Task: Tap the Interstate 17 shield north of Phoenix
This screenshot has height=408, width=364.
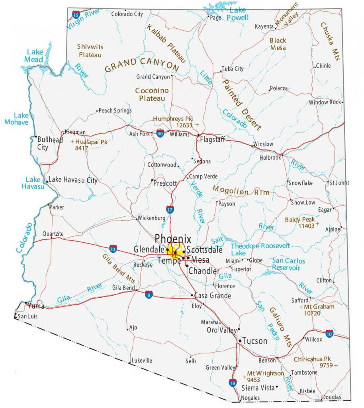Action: [170, 209]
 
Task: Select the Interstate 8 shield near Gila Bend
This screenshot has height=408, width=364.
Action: [149, 295]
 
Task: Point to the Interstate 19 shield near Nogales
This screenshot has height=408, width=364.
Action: [233, 383]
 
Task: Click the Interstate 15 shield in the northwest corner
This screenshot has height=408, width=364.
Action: [76, 15]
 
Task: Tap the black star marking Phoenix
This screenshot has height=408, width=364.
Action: [175, 253]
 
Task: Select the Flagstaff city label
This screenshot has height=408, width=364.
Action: [212, 140]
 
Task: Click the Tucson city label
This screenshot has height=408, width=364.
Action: [254, 341]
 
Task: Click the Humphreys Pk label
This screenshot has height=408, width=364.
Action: [173, 119]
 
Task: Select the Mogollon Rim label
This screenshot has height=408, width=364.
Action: [241, 191]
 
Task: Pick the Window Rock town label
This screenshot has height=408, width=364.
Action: [325, 102]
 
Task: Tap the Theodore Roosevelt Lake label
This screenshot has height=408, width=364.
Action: [260, 249]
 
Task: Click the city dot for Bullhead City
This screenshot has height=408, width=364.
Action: [36, 140]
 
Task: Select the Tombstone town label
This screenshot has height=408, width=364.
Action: [304, 373]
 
